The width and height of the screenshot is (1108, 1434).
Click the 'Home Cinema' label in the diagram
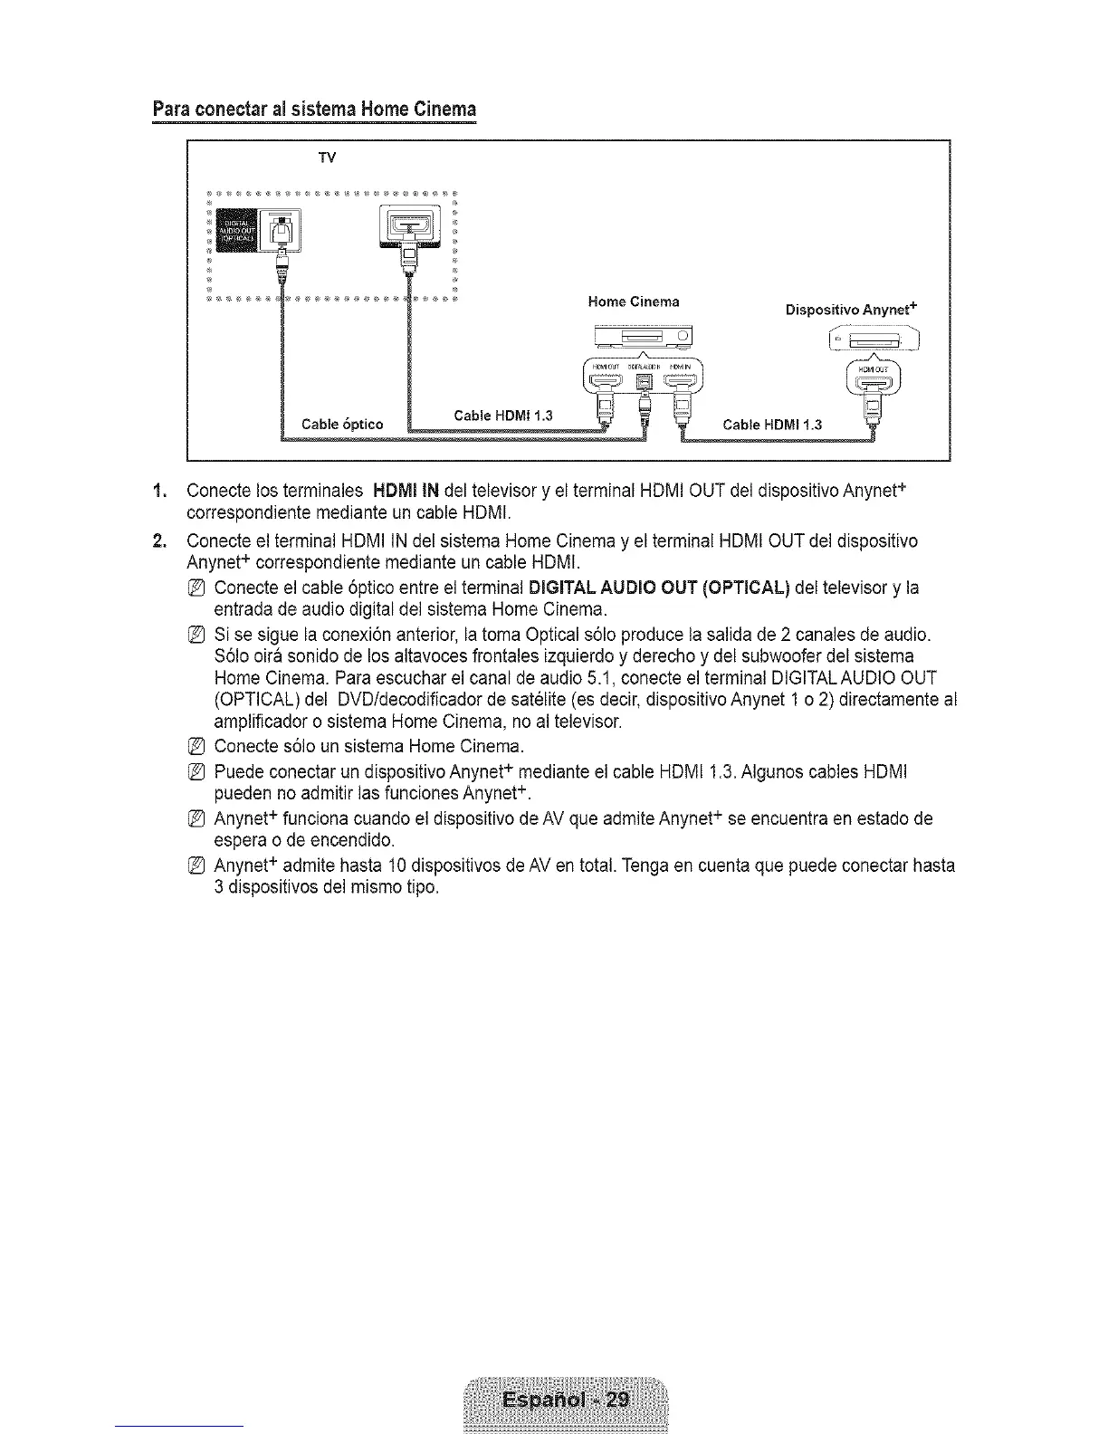coord(634,301)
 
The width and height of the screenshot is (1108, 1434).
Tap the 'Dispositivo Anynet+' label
coord(851,310)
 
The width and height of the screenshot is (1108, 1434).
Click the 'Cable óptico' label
coord(341,424)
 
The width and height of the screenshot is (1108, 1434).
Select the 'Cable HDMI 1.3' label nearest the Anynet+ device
coord(772,423)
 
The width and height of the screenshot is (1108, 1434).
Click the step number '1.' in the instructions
coord(160,492)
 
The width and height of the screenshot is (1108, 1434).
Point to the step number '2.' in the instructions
coord(160,541)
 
